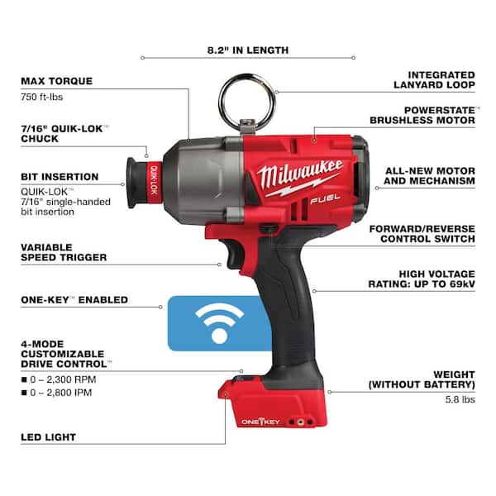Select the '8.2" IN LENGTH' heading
(x=248, y=50)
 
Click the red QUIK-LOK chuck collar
(x=151, y=178)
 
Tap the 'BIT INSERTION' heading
(x=59, y=177)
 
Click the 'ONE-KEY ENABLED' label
(x=74, y=299)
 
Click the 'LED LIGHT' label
(x=48, y=436)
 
